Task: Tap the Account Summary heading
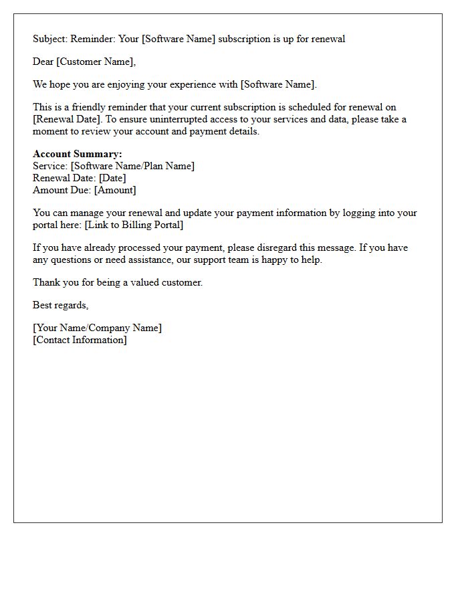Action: pyautogui.click(x=78, y=155)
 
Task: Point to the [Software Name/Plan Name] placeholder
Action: pyautogui.click(x=132, y=166)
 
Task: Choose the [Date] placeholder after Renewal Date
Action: pyautogui.click(x=112, y=178)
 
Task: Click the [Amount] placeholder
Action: pyautogui.click(x=115, y=190)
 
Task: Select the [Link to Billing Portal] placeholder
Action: pyautogui.click(x=134, y=225)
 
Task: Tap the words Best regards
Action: pyautogui.click(x=60, y=305)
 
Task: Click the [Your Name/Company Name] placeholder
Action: pyautogui.click(x=98, y=328)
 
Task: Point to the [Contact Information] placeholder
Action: pyautogui.click(x=80, y=340)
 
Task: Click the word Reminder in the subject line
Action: pyautogui.click(x=94, y=39)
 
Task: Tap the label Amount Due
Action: pyautogui.click(x=62, y=190)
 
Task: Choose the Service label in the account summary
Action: pyautogui.click(x=49, y=166)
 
